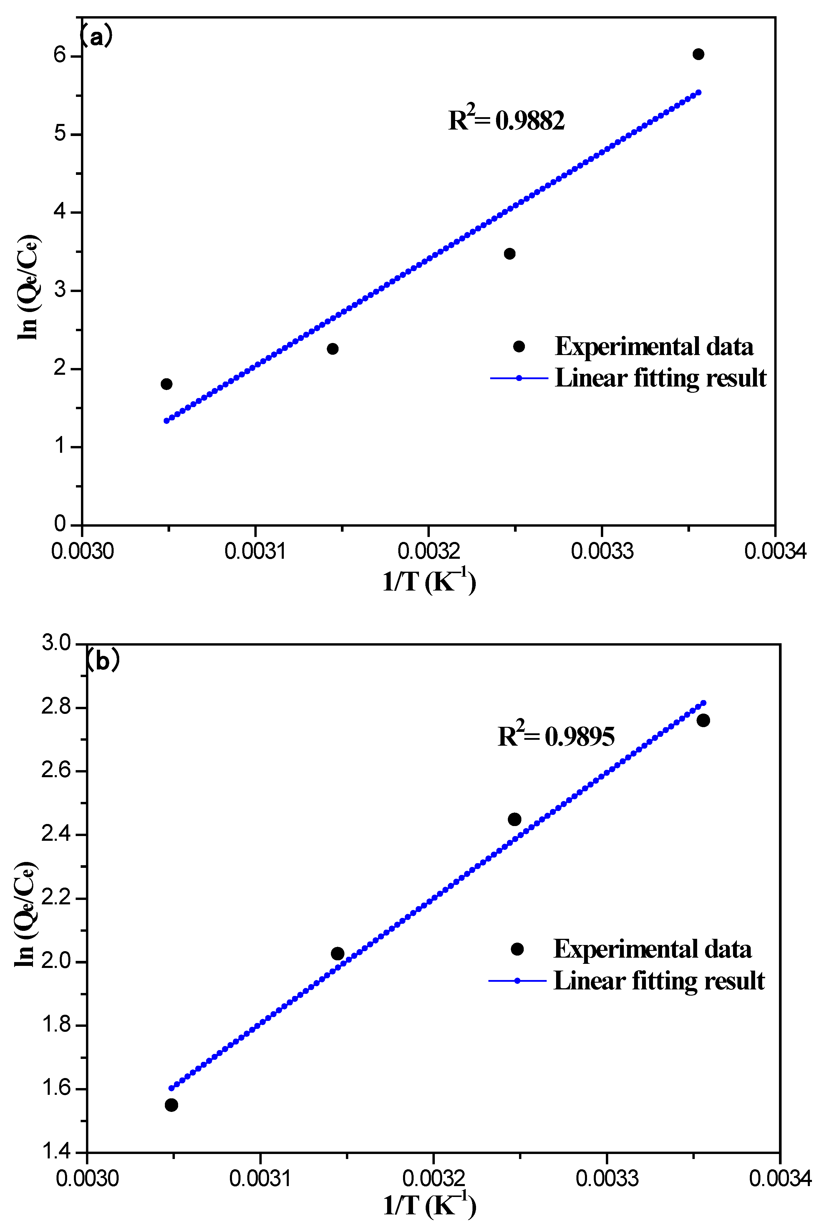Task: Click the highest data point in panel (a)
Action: (x=698, y=54)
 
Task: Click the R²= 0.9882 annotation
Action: (x=506, y=120)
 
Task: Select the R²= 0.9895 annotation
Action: (x=556, y=736)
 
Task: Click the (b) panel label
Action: (x=102, y=660)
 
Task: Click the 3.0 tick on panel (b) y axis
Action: (x=56, y=643)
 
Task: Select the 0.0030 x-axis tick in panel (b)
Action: (x=87, y=1179)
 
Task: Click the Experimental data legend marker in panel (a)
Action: (x=519, y=346)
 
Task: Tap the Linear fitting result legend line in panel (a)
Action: (x=519, y=378)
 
